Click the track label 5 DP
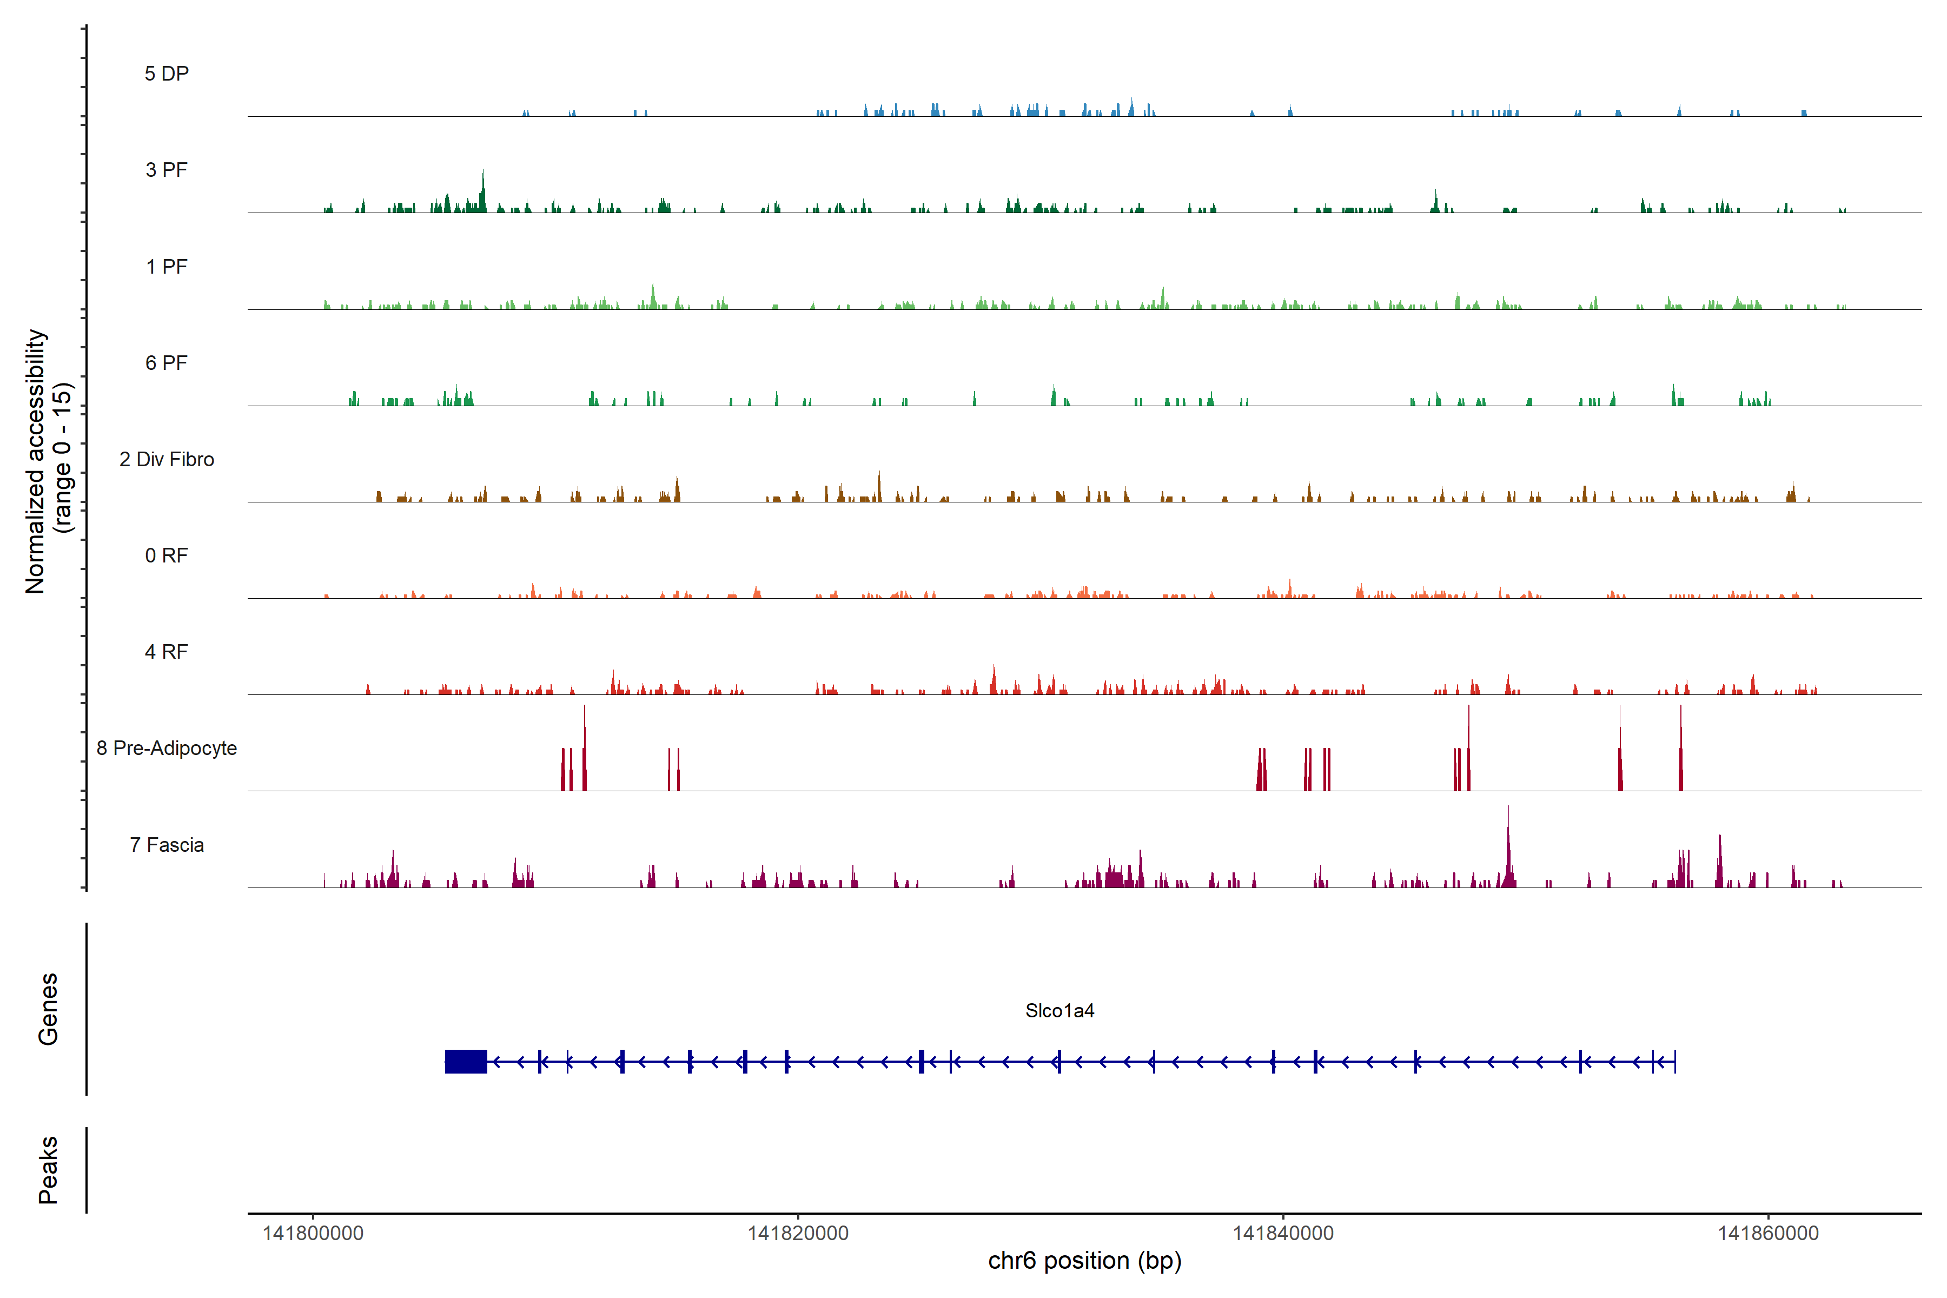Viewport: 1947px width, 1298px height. [167, 74]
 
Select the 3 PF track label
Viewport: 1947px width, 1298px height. [167, 170]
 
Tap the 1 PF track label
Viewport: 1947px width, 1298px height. [167, 267]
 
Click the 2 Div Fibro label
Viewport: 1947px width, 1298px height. [167, 459]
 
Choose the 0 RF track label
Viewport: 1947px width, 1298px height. [167, 555]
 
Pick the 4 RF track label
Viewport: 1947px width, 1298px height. [167, 652]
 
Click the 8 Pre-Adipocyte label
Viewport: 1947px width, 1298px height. [167, 749]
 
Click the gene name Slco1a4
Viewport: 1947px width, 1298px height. [1059, 1011]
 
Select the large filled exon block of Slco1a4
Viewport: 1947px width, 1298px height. [465, 1061]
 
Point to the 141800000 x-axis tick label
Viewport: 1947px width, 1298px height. [313, 1234]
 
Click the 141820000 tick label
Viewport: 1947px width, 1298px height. [798, 1234]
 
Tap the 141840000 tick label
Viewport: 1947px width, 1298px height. [1283, 1234]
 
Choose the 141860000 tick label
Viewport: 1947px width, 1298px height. [1768, 1234]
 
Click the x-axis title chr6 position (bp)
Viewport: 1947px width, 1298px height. [1084, 1261]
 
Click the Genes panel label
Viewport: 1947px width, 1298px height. [48, 1009]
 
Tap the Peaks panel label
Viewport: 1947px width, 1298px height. [48, 1170]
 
